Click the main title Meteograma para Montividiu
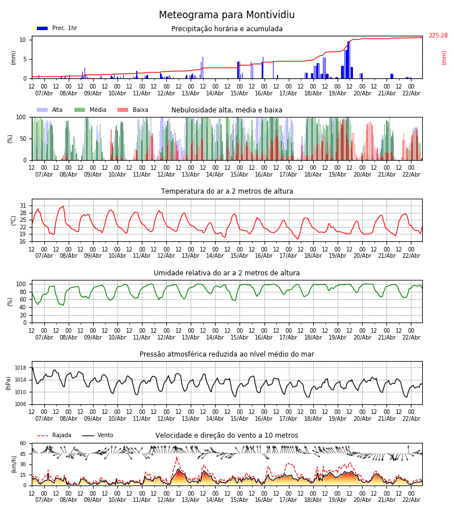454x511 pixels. click(227, 15)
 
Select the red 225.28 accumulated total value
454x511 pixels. click(438, 36)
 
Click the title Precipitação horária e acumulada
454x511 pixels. click(227, 29)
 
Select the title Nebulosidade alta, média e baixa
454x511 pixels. click(227, 110)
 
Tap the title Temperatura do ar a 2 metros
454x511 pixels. click(227, 191)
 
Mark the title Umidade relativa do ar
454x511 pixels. click(227, 273)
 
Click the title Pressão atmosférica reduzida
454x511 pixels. click(227, 354)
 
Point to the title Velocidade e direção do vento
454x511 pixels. click(227, 435)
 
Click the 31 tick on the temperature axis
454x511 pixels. click(23, 206)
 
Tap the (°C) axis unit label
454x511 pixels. click(14, 220)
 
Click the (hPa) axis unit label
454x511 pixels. click(9, 383)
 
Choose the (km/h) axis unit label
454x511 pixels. click(14, 464)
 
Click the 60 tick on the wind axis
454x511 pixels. click(23, 443)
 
